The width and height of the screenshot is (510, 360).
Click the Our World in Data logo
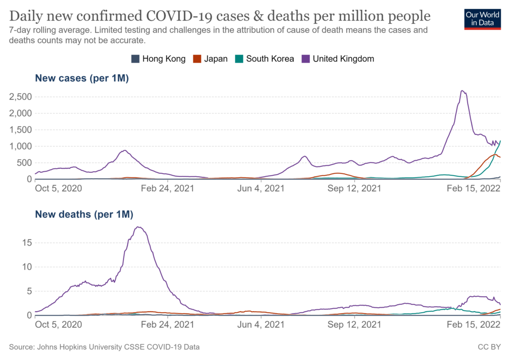click(483, 18)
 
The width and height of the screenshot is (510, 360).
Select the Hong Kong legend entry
click(158, 59)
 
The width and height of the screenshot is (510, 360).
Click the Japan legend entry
click(210, 59)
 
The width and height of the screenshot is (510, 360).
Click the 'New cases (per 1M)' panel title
click(82, 78)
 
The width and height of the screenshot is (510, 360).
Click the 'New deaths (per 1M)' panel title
click(84, 215)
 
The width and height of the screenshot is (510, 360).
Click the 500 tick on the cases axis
click(23, 163)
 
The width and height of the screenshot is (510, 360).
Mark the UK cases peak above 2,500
click(463, 91)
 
